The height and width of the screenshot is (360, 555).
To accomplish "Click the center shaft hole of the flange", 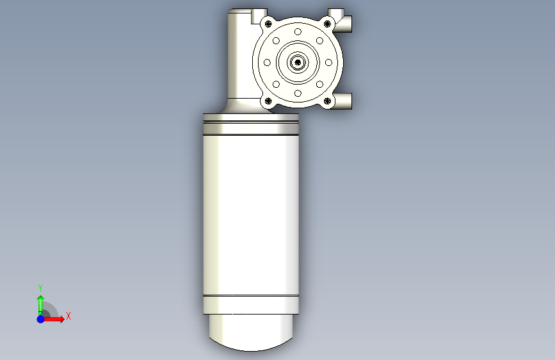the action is click(298, 63).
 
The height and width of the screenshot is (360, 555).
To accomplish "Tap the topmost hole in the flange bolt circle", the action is click(298, 32).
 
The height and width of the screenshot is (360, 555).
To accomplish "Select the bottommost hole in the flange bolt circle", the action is click(298, 94).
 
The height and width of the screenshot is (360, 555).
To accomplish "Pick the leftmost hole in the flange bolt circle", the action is click(267, 63).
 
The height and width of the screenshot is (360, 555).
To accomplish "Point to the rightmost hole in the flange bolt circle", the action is click(328, 63).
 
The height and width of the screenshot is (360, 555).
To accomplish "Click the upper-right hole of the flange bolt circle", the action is click(319, 41).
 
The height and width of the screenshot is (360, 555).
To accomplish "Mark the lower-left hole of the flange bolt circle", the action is click(276, 85).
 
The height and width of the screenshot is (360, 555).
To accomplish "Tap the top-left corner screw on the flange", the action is click(268, 24).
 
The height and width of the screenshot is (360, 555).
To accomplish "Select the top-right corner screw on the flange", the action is click(327, 24).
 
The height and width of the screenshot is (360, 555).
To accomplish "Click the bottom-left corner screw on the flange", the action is click(268, 101).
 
